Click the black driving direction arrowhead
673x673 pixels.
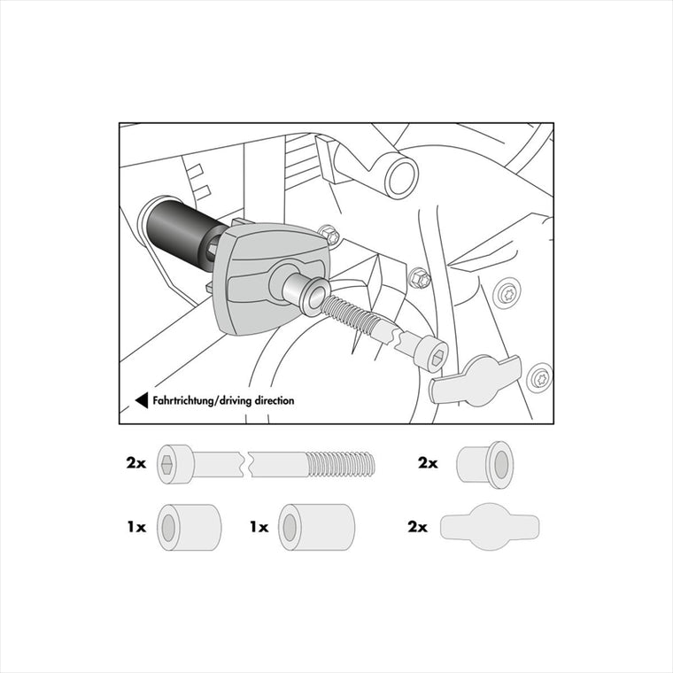pyautogui.click(x=143, y=400)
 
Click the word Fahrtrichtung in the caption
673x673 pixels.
pyautogui.click(x=182, y=401)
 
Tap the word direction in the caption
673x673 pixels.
pyautogui.click(x=275, y=400)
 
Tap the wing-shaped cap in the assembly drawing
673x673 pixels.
pyautogui.click(x=476, y=381)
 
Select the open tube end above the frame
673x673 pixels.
pyautogui.click(x=401, y=175)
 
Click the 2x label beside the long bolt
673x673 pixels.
pyautogui.click(x=136, y=463)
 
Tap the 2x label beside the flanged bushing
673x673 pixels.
pyautogui.click(x=428, y=463)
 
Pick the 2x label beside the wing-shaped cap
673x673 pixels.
pyautogui.click(x=418, y=527)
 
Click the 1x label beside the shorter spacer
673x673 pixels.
pyautogui.click(x=136, y=527)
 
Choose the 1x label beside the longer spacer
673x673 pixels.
pyautogui.click(x=259, y=527)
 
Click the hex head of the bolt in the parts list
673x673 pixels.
pyautogui.click(x=175, y=464)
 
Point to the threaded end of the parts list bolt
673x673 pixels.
pyautogui.click(x=342, y=464)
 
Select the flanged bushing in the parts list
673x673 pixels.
pyautogui.click(x=485, y=465)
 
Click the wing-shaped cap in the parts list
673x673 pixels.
pyautogui.click(x=490, y=527)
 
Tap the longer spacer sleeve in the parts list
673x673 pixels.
pyautogui.click(x=317, y=528)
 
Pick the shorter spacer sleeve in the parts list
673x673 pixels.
pyautogui.click(x=190, y=528)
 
